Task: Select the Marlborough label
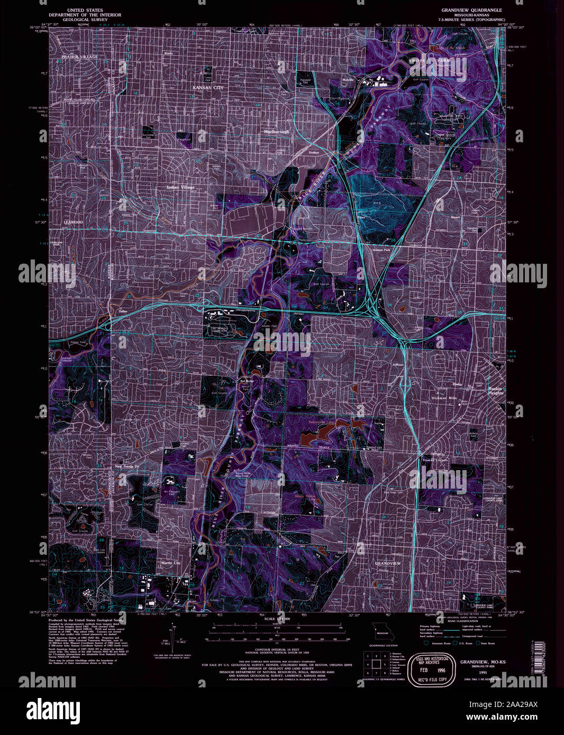(277, 132)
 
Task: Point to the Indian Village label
(180, 187)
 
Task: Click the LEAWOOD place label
(74, 223)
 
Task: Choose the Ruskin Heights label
(495, 391)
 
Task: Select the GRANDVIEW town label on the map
(387, 564)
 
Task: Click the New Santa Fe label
(126, 466)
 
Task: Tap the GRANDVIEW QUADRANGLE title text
(472, 10)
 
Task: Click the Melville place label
(347, 79)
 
